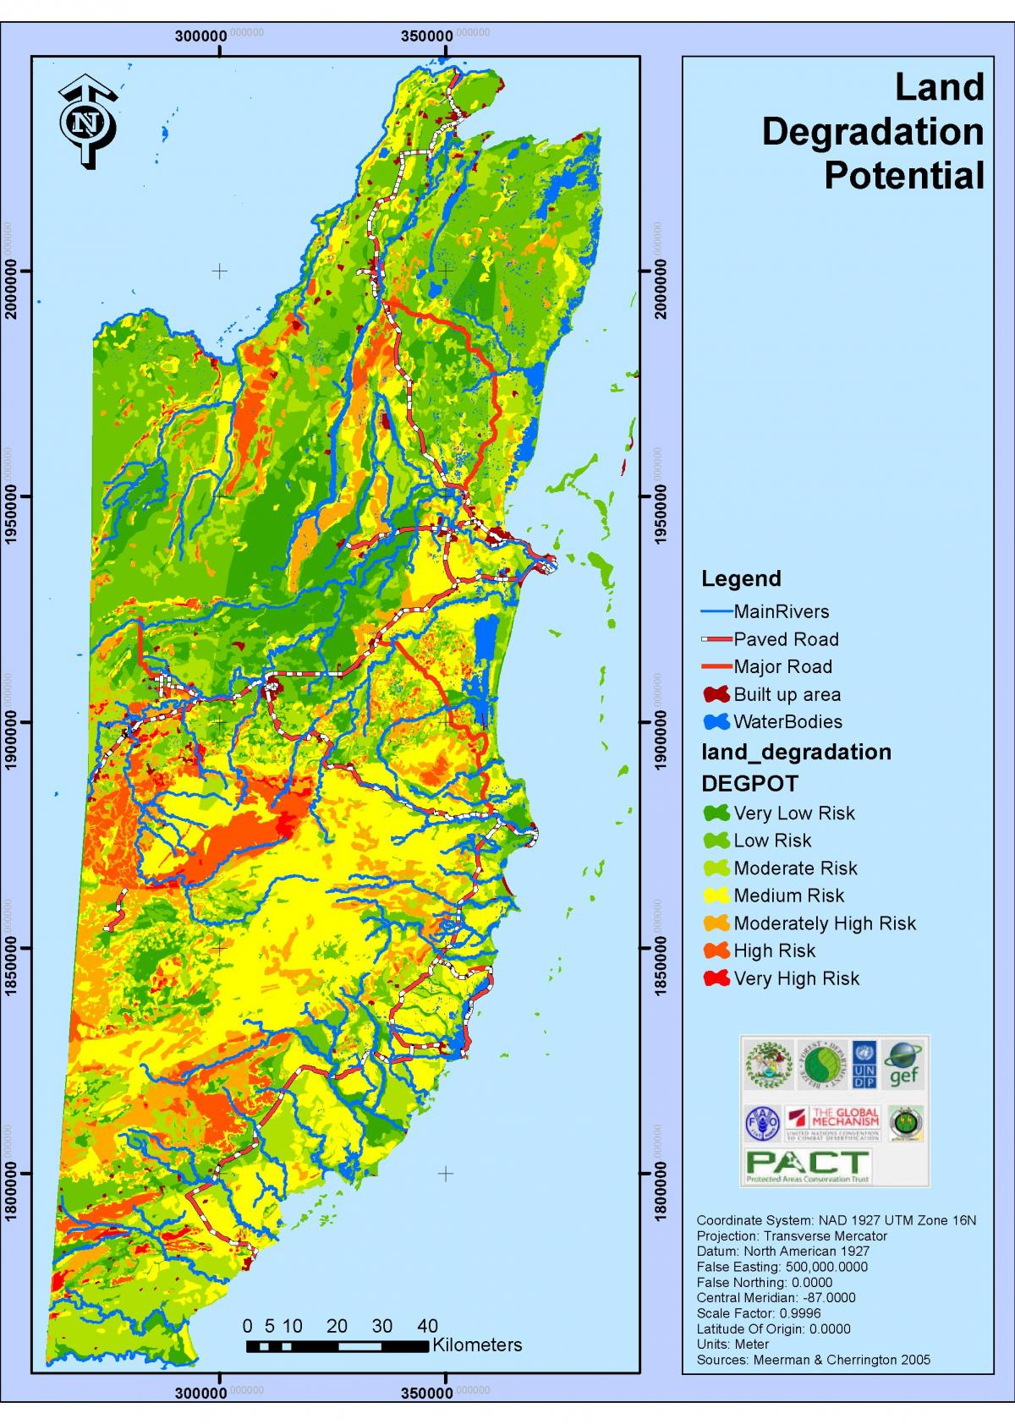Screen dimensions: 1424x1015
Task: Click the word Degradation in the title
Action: click(872, 132)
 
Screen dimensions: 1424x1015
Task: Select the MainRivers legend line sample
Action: click(716, 611)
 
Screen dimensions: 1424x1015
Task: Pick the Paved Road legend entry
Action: click(786, 639)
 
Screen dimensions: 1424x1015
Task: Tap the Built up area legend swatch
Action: click(716, 694)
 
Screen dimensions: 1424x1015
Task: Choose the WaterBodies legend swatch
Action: click(716, 722)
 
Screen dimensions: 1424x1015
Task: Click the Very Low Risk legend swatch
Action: click(716, 813)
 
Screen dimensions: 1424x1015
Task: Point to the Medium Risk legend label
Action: click(788, 895)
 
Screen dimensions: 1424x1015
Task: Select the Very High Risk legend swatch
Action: click(716, 978)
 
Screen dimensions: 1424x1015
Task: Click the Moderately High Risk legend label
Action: click(825, 923)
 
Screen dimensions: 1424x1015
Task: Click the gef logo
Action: click(903, 1065)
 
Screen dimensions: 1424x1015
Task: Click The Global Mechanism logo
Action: click(833, 1123)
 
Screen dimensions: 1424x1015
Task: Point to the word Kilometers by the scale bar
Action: click(477, 1345)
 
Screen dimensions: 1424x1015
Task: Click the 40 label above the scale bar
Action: click(427, 1325)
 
